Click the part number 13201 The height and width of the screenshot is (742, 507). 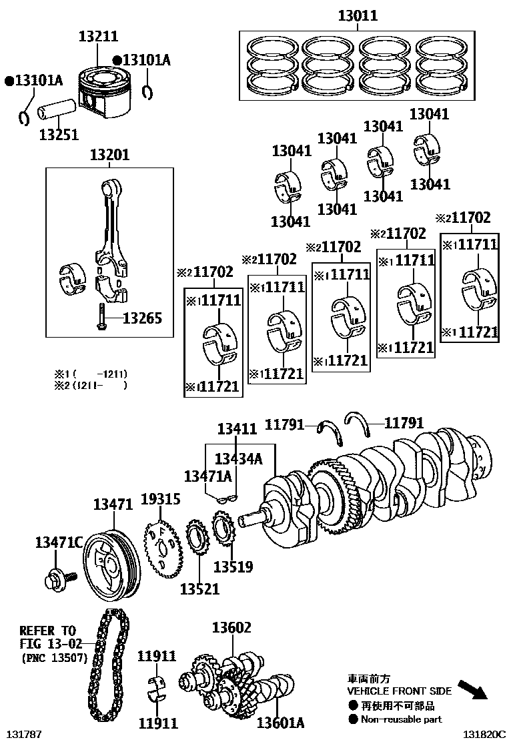click(x=110, y=155)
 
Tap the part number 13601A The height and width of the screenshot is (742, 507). click(x=281, y=723)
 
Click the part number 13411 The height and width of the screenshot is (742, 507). click(x=237, y=429)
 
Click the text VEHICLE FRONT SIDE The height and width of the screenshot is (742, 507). click(x=399, y=691)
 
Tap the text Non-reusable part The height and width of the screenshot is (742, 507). click(x=401, y=719)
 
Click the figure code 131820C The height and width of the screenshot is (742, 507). click(x=485, y=735)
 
